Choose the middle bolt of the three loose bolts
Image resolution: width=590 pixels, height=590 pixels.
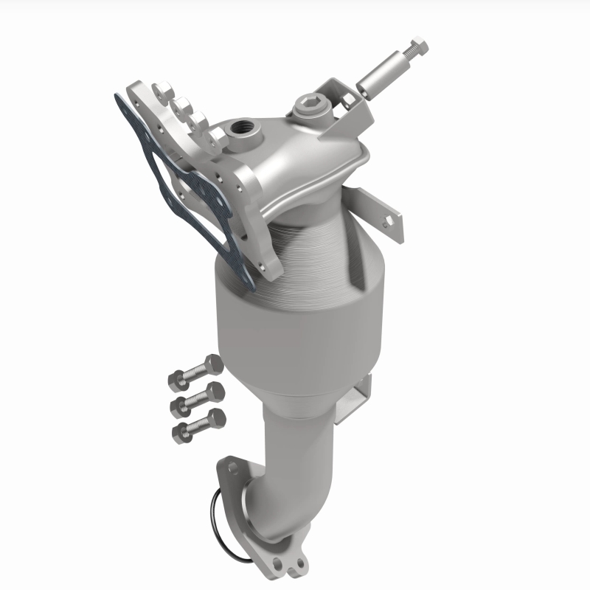click(198, 399)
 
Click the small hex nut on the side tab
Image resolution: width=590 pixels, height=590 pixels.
click(388, 219)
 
